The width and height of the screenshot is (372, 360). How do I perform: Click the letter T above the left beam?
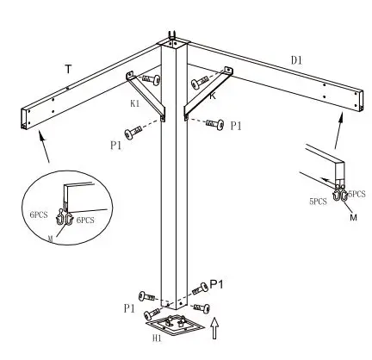point(68,68)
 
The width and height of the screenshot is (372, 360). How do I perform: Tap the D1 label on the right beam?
point(297,60)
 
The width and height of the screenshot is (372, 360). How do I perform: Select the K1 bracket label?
point(135,103)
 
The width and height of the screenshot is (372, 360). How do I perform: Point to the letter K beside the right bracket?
point(213,96)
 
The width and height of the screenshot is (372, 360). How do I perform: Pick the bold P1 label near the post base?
point(218,284)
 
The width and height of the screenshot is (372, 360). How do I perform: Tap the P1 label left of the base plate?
point(129,307)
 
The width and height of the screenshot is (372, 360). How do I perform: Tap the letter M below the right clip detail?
point(352,218)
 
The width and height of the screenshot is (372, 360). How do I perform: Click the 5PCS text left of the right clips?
point(317,202)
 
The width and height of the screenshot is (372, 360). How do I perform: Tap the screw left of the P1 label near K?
point(214,125)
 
